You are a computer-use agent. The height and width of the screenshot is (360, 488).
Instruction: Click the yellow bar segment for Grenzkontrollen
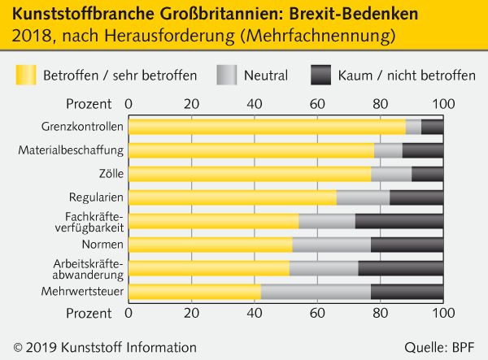click(267, 127)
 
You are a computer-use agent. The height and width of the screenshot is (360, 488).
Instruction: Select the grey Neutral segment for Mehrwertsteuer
click(316, 292)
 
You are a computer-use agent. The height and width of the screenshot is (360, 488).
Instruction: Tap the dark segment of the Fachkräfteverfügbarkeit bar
click(399, 221)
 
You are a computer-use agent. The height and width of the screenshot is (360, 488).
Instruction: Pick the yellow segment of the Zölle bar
click(250, 174)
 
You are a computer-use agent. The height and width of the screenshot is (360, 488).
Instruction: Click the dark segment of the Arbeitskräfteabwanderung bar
click(401, 268)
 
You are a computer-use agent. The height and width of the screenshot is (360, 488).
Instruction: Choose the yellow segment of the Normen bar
click(210, 245)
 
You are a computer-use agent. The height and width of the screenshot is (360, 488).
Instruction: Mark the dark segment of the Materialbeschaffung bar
click(423, 150)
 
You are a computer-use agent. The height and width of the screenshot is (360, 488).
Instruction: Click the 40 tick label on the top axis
click(255, 104)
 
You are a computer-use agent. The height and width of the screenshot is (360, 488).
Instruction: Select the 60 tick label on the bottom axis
click(317, 312)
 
